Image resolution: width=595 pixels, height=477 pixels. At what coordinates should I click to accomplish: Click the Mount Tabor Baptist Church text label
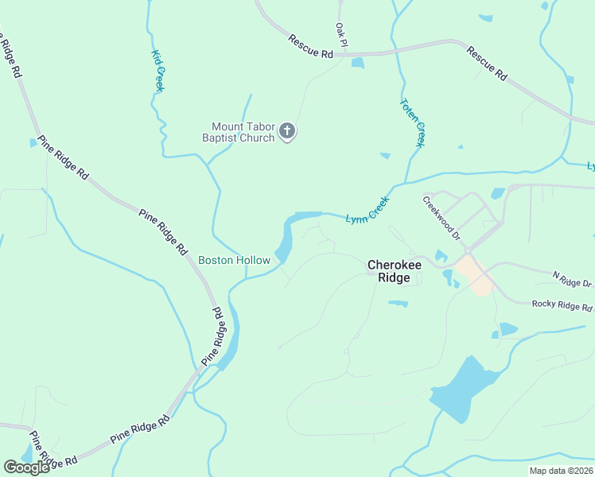click(243, 132)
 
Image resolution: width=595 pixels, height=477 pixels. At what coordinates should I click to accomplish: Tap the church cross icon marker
click(288, 131)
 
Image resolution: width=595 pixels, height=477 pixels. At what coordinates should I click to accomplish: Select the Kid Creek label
click(157, 71)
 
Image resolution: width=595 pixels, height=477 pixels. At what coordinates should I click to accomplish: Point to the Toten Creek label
click(413, 122)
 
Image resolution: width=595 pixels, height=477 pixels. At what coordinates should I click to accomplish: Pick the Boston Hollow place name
click(234, 260)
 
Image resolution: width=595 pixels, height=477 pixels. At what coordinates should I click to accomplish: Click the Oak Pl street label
click(341, 33)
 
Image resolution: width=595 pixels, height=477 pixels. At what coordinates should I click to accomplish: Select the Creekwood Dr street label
click(441, 218)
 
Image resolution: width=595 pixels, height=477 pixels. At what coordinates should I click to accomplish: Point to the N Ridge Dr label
click(573, 278)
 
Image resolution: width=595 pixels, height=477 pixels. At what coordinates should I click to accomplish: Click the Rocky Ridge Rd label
click(562, 305)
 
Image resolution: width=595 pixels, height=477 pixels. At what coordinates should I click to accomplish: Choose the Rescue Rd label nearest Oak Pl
click(310, 47)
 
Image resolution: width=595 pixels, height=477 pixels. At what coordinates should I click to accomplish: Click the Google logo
click(26, 467)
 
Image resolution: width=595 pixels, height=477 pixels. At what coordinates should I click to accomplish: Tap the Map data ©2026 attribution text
click(562, 471)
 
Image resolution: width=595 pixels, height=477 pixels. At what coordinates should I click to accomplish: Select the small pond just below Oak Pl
click(357, 63)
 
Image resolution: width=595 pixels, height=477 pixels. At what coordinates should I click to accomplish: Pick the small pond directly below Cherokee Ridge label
click(398, 303)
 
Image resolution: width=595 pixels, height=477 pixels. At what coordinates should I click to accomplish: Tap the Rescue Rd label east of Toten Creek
click(487, 64)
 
